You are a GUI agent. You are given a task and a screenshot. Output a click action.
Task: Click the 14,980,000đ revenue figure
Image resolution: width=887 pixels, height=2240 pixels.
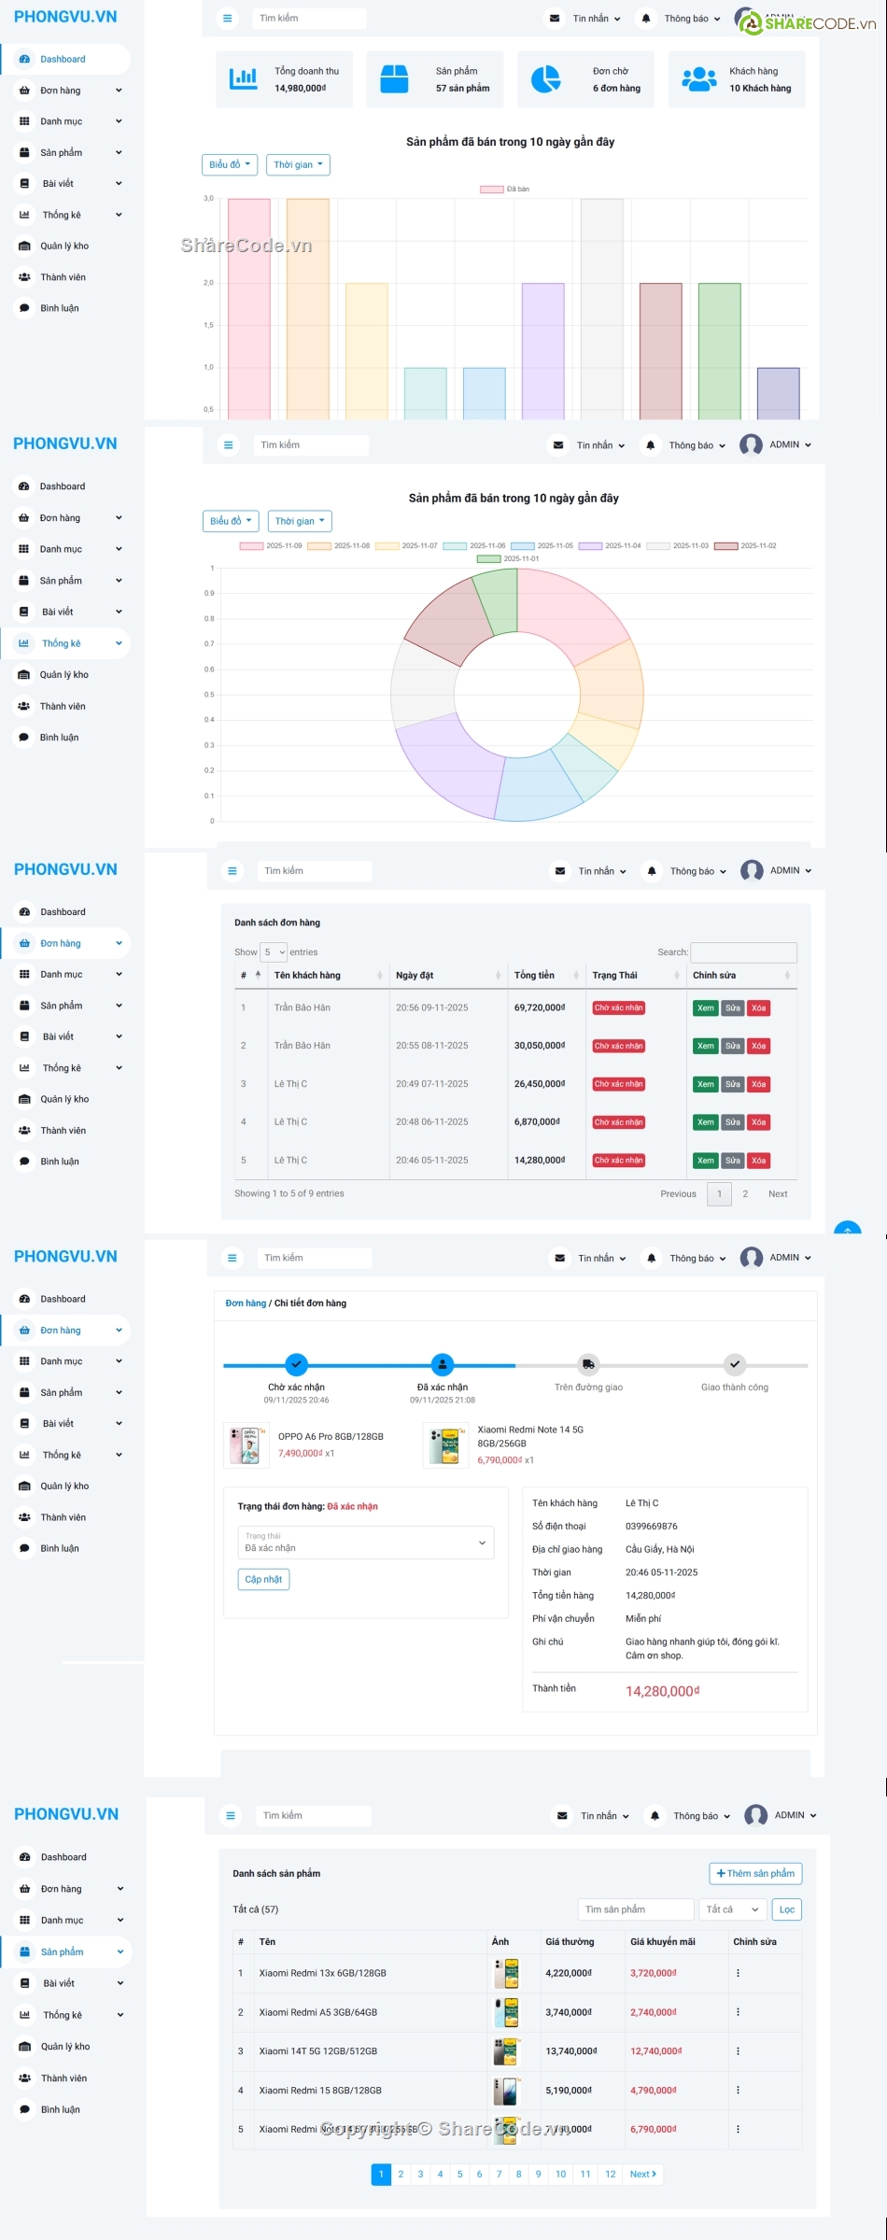click(300, 88)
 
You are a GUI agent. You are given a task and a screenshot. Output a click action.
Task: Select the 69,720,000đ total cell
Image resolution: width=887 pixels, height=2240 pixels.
click(539, 1007)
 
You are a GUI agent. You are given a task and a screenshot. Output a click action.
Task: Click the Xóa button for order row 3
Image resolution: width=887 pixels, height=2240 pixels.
click(759, 1084)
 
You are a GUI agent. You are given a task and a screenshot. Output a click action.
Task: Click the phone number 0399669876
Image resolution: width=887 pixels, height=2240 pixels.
click(651, 1526)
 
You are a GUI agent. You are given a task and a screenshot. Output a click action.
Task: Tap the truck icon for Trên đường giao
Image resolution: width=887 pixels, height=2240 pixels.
click(588, 1364)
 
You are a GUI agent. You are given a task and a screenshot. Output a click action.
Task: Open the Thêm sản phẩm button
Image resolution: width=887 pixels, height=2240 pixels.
click(755, 1873)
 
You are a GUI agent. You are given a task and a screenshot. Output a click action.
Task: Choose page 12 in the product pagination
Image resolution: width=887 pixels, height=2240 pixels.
click(610, 2174)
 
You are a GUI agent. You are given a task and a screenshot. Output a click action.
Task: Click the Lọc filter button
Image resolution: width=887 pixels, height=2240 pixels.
click(786, 1909)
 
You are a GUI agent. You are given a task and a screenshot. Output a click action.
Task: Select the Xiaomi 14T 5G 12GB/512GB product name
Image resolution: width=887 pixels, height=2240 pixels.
click(317, 2051)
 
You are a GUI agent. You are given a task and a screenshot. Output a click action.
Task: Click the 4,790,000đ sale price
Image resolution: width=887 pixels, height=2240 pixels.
click(653, 2090)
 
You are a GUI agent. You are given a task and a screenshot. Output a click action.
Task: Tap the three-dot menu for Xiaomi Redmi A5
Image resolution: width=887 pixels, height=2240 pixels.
click(738, 2012)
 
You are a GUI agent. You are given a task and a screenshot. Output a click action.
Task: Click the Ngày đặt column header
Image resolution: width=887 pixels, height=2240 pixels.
click(415, 975)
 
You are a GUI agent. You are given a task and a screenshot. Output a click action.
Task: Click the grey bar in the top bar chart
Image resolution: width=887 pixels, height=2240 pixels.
click(601, 308)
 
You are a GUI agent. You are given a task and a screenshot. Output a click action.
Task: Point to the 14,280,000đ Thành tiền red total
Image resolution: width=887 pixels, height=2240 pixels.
click(662, 1691)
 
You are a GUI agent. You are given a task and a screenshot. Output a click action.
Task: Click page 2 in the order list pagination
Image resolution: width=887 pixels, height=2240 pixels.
click(745, 1193)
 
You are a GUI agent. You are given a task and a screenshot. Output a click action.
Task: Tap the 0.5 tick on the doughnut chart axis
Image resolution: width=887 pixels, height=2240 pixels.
click(210, 695)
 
